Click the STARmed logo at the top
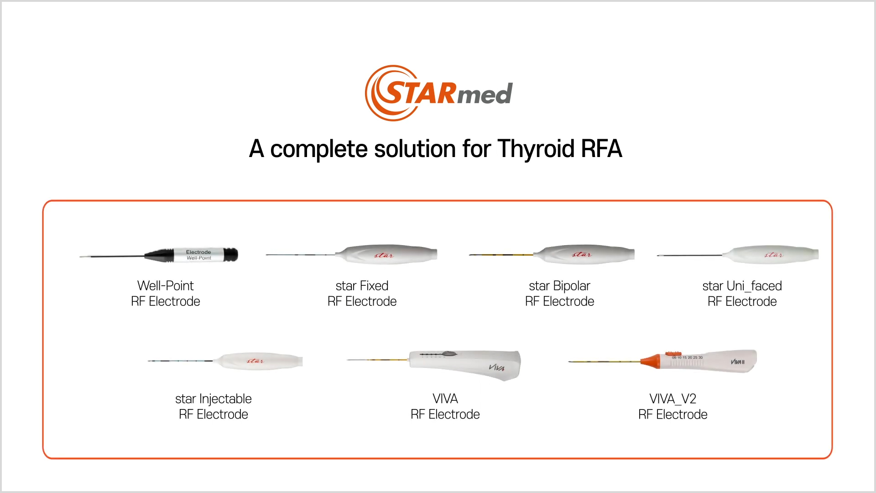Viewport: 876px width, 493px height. click(438, 93)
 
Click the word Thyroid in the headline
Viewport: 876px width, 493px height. click(536, 149)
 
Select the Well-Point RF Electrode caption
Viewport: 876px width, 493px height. click(166, 294)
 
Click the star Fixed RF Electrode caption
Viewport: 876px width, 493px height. click(362, 294)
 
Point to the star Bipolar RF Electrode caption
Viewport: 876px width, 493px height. click(559, 294)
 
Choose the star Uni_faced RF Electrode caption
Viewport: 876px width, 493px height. click(742, 294)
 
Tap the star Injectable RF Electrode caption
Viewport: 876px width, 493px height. click(214, 406)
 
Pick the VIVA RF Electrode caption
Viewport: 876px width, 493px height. click(445, 406)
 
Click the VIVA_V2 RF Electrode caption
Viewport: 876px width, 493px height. click(673, 406)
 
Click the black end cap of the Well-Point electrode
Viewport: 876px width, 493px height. click(231, 255)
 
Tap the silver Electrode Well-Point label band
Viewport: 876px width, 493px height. click(199, 255)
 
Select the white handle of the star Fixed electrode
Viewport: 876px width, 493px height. click(388, 254)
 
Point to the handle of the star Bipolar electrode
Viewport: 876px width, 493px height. click(586, 254)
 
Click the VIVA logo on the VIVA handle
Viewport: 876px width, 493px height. click(496, 367)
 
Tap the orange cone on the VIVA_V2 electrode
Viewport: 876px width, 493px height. click(651, 361)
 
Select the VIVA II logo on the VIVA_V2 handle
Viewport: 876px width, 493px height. click(737, 362)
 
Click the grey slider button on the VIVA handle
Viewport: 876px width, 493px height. click(449, 354)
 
